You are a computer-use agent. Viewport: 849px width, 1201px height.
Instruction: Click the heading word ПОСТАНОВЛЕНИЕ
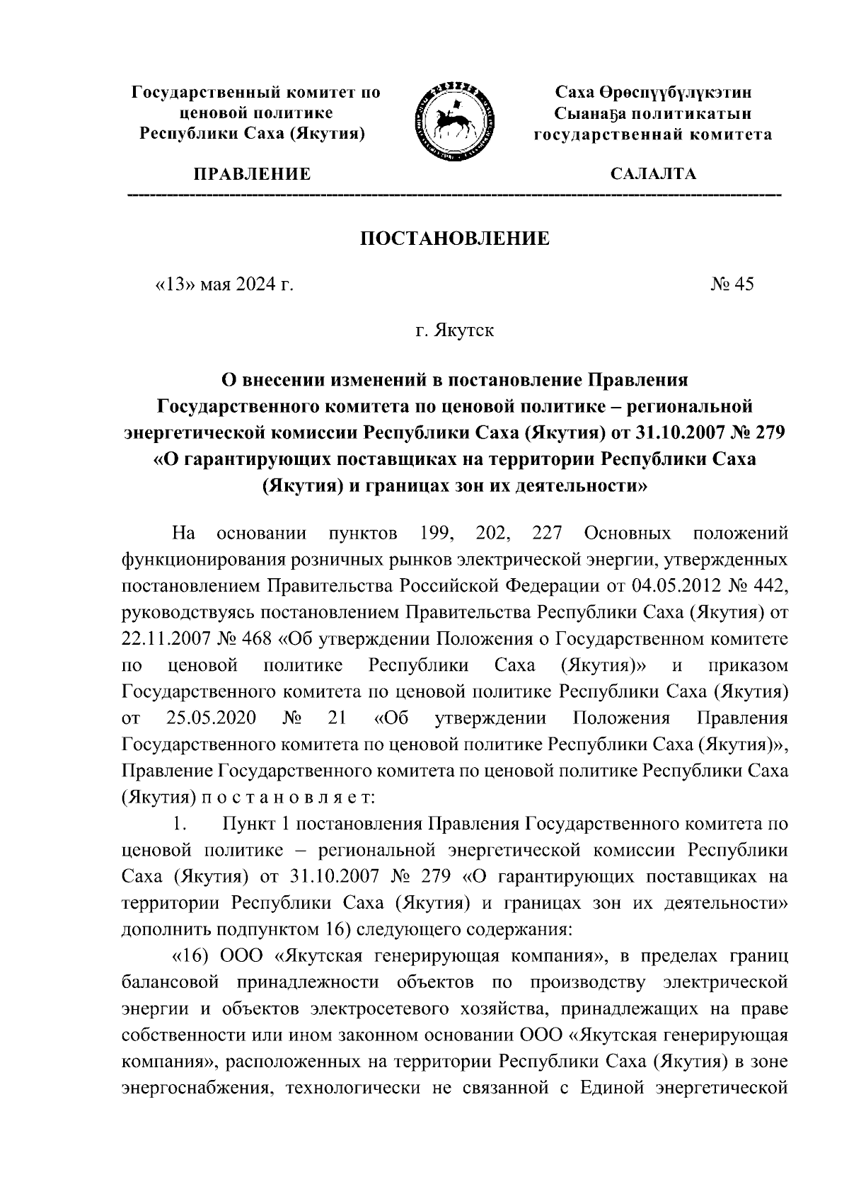[455, 239]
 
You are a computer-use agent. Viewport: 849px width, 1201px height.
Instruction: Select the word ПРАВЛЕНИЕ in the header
[253, 174]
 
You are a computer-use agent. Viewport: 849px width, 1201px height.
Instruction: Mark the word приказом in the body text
[747, 666]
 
